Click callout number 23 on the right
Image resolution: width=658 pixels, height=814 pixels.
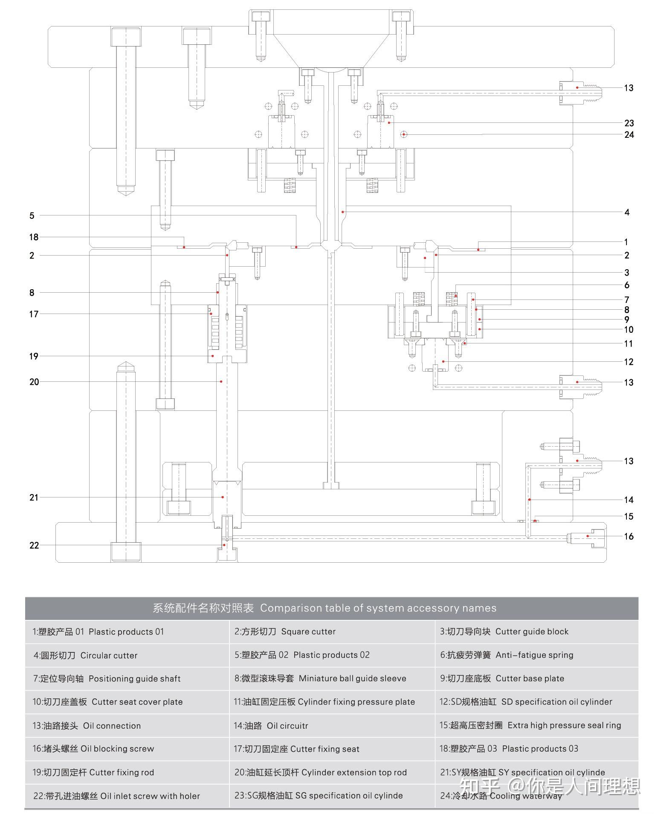tap(629, 123)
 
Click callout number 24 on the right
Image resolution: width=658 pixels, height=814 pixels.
tap(629, 135)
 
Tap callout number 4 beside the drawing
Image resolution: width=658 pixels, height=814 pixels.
tap(627, 212)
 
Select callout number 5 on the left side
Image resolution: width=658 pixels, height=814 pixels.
tap(32, 215)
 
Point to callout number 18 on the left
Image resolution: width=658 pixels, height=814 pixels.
tap(34, 237)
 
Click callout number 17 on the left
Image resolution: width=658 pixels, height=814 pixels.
tap(34, 314)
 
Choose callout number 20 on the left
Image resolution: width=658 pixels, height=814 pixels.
tap(34, 382)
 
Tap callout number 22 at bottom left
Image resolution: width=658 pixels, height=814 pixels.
tap(34, 545)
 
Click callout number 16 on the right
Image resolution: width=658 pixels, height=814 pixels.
tap(629, 536)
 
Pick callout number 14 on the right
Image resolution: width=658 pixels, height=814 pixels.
tap(629, 500)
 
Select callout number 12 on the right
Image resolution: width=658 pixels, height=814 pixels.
tap(629, 362)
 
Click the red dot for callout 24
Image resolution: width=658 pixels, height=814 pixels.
tap(403, 134)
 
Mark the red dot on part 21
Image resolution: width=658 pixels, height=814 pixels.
tap(222, 497)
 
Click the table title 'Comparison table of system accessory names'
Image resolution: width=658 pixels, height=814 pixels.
tap(378, 608)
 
